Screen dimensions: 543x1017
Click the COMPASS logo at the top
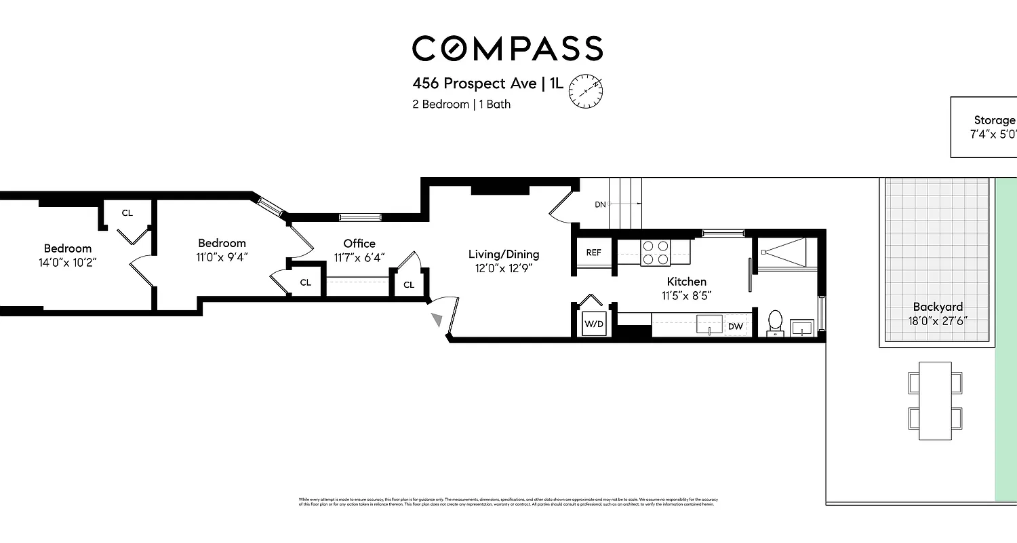coord(507,49)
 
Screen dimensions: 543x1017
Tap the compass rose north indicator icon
coord(585,90)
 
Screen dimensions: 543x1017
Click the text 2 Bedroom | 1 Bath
coord(461,105)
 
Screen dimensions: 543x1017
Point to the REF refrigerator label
coord(593,252)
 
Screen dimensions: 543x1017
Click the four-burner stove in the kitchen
coord(655,252)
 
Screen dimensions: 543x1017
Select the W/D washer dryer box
coord(594,324)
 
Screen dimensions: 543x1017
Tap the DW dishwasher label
coord(736,326)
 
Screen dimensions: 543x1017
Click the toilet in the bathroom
coord(775,322)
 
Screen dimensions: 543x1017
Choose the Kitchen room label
coord(686,282)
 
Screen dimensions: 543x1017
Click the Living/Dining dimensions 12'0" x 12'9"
coord(504,268)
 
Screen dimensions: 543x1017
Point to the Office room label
coord(359,244)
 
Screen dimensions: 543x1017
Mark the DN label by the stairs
coord(600,204)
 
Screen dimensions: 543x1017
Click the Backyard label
coord(937,307)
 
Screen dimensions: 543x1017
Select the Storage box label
coord(994,121)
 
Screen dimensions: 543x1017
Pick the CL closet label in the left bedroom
coord(127,213)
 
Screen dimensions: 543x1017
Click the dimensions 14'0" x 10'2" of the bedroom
coord(68,262)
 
